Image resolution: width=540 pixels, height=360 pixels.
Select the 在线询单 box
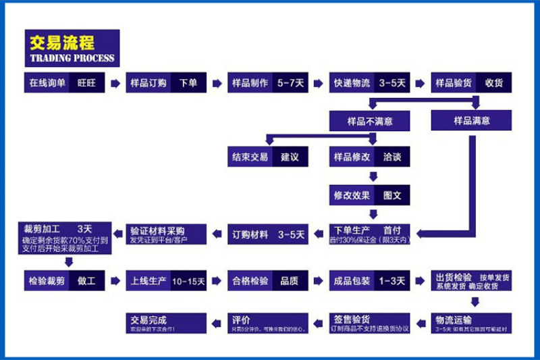(x=47, y=83)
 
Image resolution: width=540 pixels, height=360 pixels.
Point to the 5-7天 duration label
(x=290, y=83)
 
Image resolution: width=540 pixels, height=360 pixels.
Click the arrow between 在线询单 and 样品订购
(x=115, y=83)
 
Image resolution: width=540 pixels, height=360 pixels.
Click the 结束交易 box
(x=250, y=157)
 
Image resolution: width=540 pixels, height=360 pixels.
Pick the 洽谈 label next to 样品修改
(x=392, y=157)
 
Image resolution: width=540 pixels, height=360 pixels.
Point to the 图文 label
(x=392, y=196)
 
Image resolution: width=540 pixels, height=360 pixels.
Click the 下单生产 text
(x=348, y=230)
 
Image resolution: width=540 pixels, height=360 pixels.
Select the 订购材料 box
(x=250, y=235)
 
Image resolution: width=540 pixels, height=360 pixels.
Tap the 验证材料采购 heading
(x=157, y=230)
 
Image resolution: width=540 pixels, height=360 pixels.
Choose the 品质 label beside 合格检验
(x=290, y=280)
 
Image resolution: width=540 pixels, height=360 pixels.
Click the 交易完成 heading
(x=148, y=319)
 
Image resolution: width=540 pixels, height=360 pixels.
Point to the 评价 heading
(x=242, y=319)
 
